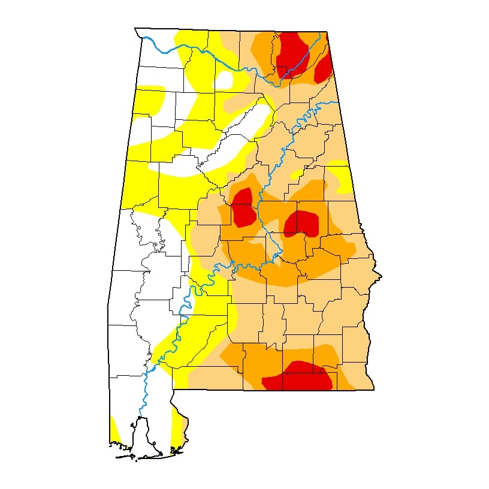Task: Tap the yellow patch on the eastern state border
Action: pyautogui.click(x=340, y=177)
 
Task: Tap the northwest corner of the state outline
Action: pyautogui.click(x=135, y=28)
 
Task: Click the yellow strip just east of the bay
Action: pyautogui.click(x=176, y=428)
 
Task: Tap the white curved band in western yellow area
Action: pyautogui.click(x=180, y=170)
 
